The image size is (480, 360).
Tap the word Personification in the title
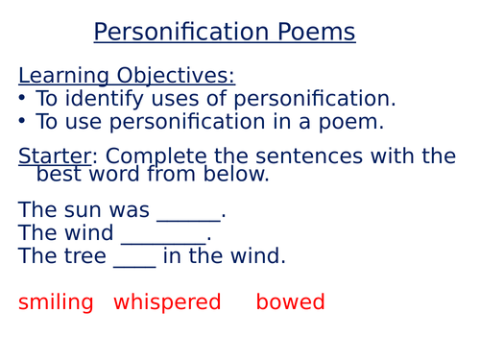tap(180, 33)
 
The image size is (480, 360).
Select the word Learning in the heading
tap(62, 77)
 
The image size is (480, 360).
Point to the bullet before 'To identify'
tap(23, 99)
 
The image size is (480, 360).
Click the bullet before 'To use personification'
tap(23, 122)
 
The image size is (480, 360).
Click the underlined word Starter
tap(54, 156)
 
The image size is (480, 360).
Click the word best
tap(60, 174)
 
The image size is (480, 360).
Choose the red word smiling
tap(56, 303)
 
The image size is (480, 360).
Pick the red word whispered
tap(167, 303)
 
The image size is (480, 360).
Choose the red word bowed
tap(290, 303)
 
